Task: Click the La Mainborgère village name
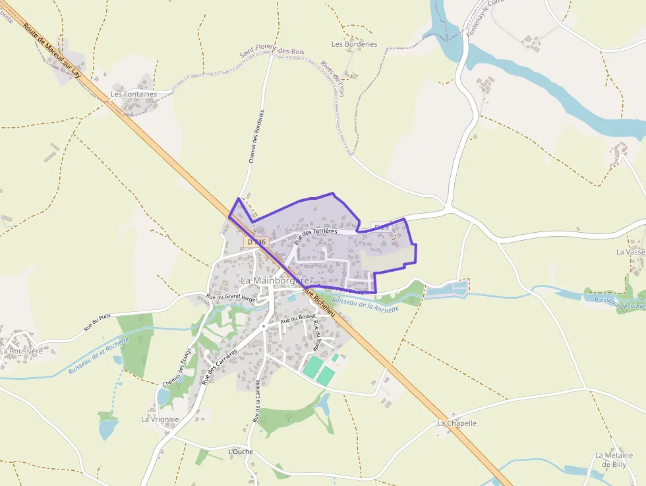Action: pyautogui.click(x=274, y=280)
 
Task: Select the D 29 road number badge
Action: pyautogui.click(x=382, y=227)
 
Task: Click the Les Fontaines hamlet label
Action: pyautogui.click(x=134, y=94)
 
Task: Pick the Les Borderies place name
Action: pyautogui.click(x=355, y=44)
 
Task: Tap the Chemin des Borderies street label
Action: pyautogui.click(x=256, y=136)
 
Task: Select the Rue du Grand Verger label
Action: pyautogui.click(x=231, y=297)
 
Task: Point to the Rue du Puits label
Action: pyautogui.click(x=97, y=322)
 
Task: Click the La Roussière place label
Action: pyautogui.click(x=21, y=351)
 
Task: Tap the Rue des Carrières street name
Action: pyautogui.click(x=221, y=365)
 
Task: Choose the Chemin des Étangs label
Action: pyautogui.click(x=177, y=367)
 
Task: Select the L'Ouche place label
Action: pyautogui.click(x=240, y=452)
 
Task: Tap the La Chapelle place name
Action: pyautogui.click(x=456, y=423)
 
